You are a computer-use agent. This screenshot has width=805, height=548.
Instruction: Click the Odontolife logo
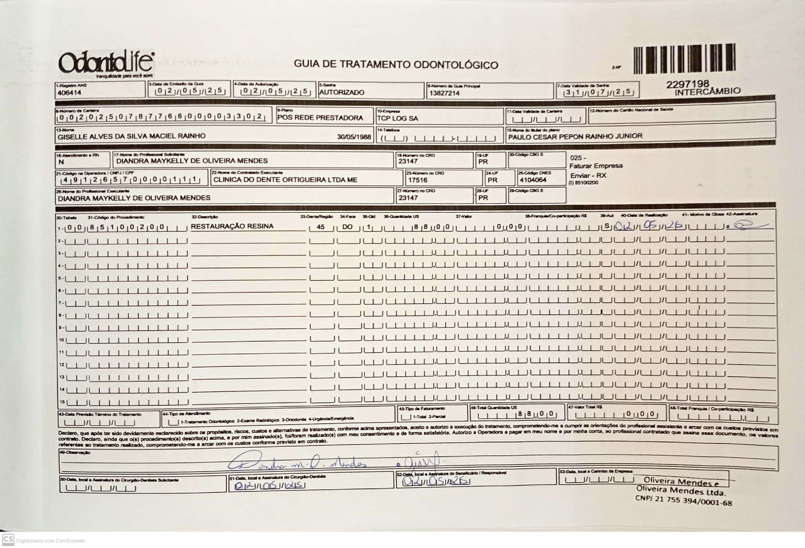coord(106,63)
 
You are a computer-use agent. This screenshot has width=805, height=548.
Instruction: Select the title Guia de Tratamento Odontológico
coord(396,64)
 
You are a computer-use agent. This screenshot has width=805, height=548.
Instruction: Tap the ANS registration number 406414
coord(69,93)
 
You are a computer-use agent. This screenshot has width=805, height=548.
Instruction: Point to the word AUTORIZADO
coord(342,93)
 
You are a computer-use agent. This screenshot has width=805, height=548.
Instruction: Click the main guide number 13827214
coord(444,93)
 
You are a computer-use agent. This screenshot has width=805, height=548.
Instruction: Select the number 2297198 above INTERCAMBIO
coord(687,84)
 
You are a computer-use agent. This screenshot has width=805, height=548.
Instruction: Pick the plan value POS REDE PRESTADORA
coord(320,118)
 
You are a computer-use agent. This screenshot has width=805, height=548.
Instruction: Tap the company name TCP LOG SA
coord(397,118)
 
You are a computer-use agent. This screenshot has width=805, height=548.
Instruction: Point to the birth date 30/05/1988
coord(354,136)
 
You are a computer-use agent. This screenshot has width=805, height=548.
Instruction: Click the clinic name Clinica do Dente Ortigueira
coord(285,180)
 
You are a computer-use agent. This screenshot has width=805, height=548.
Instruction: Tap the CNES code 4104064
coord(533,180)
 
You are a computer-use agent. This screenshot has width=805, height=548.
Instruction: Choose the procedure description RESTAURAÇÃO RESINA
coord(232,226)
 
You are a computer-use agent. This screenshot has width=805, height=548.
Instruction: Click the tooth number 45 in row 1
coord(320,227)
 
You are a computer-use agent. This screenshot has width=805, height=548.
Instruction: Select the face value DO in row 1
coord(347,227)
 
